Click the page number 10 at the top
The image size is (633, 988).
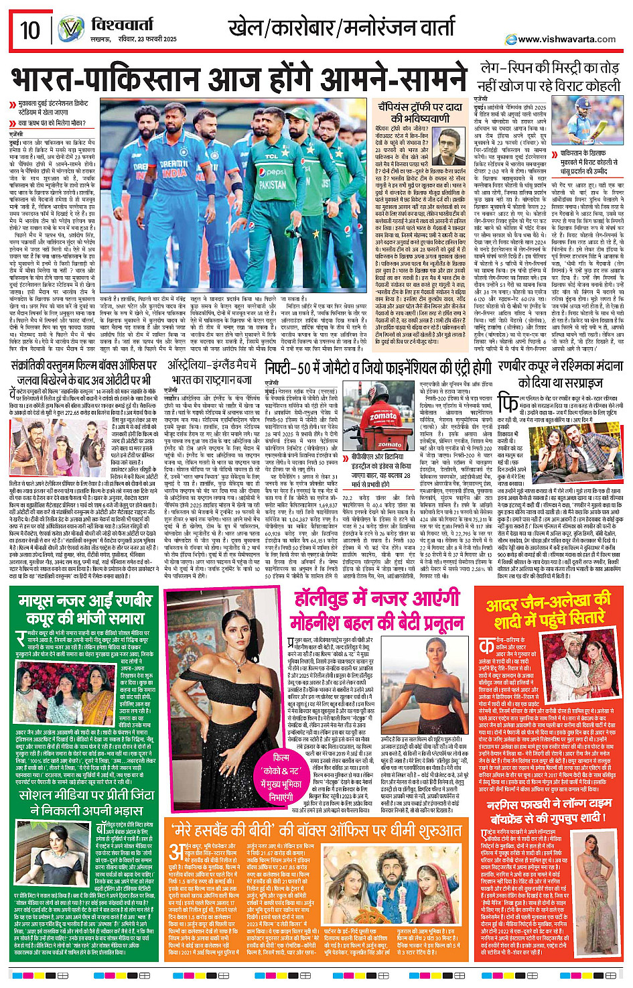[x=30, y=30]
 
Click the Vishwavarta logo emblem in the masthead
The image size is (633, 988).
[x=70, y=30]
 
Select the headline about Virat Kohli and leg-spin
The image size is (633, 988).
[x=549, y=77]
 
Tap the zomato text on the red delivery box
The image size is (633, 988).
[x=382, y=416]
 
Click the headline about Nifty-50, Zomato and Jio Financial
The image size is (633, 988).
[x=378, y=367]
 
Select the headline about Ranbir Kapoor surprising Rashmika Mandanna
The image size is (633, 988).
[x=561, y=375]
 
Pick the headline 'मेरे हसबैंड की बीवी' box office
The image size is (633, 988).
[x=316, y=831]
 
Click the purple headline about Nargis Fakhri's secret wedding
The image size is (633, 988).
[x=549, y=810]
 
